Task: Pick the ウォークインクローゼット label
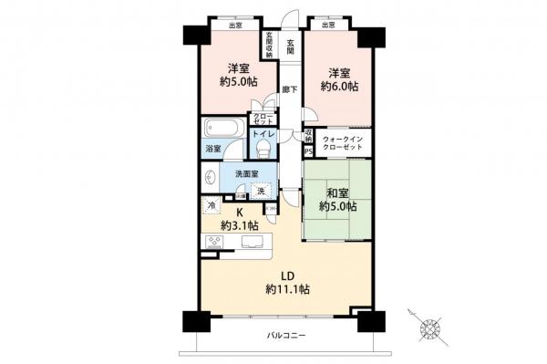tap(343, 143)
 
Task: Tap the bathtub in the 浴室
tap(222, 127)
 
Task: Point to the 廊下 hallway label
tap(290, 90)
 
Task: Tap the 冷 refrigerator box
tap(212, 206)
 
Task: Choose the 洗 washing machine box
tap(262, 191)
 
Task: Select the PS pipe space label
tap(307, 151)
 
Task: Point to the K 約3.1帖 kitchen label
tap(240, 219)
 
